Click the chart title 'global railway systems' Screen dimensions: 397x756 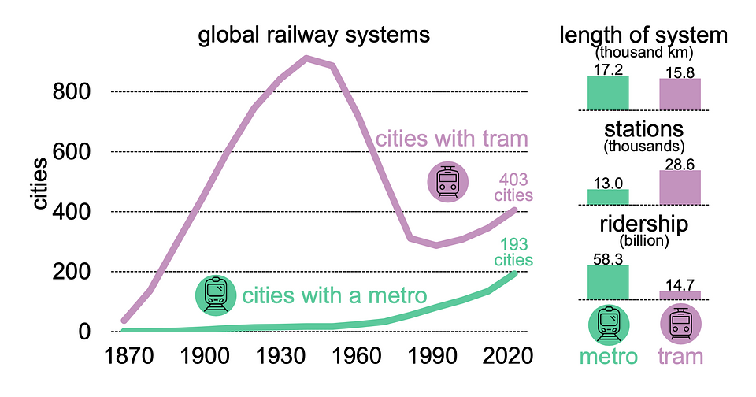pyautogui.click(x=313, y=35)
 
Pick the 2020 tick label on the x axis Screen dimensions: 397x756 pyautogui.click(x=502, y=355)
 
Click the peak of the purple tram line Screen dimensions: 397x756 pyautogui.click(x=306, y=58)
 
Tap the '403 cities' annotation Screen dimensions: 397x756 pyautogui.click(x=513, y=187)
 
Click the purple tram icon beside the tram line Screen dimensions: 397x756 pyautogui.click(x=448, y=182)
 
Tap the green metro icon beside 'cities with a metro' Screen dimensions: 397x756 pyautogui.click(x=215, y=294)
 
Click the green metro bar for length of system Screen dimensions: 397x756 pyautogui.click(x=608, y=92)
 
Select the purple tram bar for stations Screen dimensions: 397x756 pyautogui.click(x=680, y=187)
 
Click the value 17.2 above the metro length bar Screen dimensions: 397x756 pyautogui.click(x=608, y=69)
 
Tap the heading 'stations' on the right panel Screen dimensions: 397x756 pyautogui.click(x=643, y=129)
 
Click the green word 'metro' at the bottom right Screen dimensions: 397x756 pyautogui.click(x=608, y=356)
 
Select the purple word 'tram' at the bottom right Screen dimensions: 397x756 pyautogui.click(x=680, y=356)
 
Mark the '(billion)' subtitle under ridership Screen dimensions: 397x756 pyautogui.click(x=643, y=239)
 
